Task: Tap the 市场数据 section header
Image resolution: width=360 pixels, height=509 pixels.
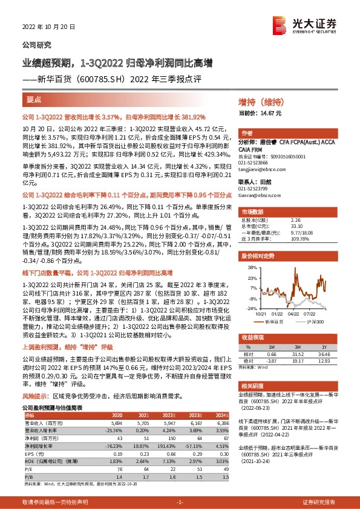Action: tap(253, 212)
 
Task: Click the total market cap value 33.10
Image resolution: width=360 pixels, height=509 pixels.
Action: tap(296, 226)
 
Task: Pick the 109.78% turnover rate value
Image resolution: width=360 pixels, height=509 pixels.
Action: tap(299, 238)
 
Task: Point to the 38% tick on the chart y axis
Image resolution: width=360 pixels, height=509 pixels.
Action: tap(251, 267)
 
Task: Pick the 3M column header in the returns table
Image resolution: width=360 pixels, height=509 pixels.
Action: tap(296, 348)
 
